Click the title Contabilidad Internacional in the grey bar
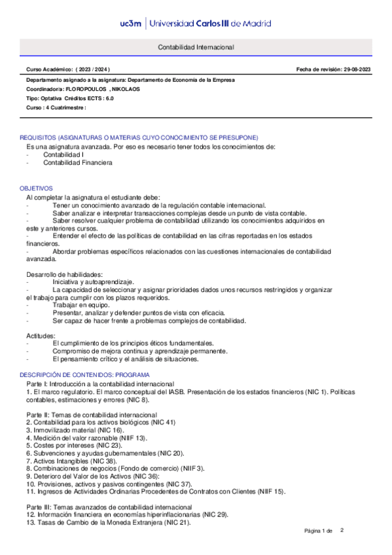click(x=196, y=48)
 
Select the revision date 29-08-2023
click(x=353, y=69)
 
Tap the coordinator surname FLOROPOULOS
click(x=85, y=87)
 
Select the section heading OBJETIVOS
click(x=36, y=188)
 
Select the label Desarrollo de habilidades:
click(x=64, y=273)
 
